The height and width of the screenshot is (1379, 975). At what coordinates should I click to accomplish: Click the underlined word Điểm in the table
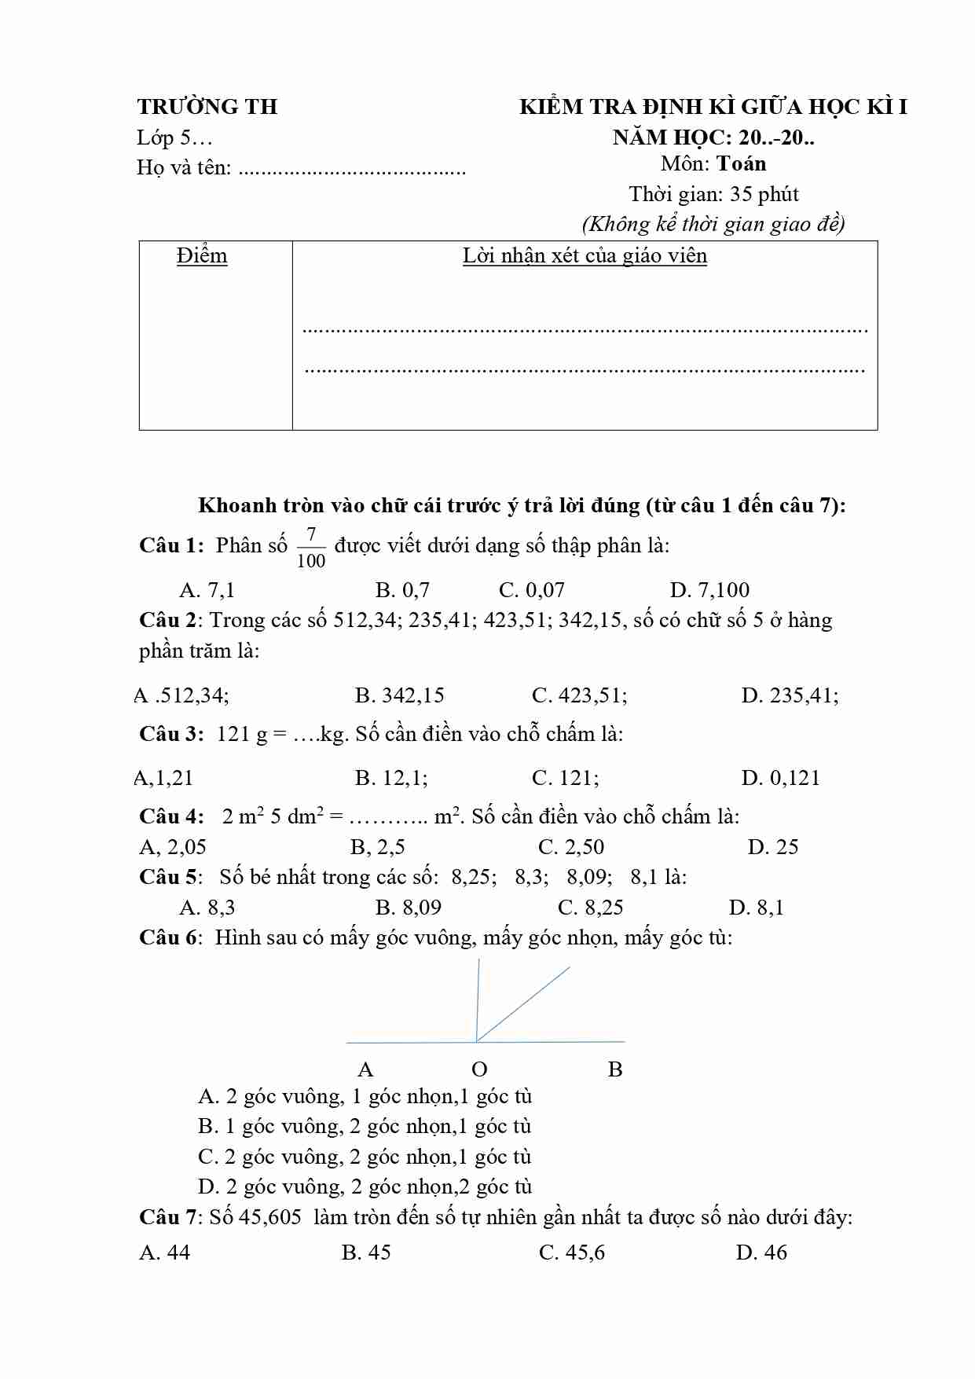coord(202,256)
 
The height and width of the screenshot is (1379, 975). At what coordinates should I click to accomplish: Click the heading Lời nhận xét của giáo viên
coord(585,256)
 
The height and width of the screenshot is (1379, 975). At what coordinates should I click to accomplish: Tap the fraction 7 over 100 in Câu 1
coord(311,548)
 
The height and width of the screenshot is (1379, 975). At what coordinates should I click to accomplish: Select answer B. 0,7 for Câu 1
coord(402,590)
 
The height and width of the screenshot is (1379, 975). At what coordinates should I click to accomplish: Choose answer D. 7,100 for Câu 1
coord(709,590)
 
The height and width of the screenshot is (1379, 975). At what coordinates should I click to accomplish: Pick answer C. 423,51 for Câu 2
coord(579,695)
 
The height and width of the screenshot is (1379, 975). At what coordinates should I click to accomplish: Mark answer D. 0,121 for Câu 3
coord(780,778)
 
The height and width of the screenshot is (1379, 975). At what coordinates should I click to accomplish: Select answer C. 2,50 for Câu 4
coord(571,847)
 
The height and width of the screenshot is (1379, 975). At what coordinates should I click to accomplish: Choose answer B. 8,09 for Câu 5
coord(409,908)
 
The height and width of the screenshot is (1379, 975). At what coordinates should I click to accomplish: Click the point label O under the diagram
coord(479,1069)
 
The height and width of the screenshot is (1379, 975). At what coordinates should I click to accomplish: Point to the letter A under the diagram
coord(365,1069)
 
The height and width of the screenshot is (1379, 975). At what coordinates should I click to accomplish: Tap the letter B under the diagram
coord(615,1069)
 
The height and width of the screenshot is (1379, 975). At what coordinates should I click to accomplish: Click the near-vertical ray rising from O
coord(478,998)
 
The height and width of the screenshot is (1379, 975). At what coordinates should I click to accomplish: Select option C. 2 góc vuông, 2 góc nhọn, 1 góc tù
coord(365,1157)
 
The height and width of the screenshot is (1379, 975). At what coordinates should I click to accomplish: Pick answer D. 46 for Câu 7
coord(761,1252)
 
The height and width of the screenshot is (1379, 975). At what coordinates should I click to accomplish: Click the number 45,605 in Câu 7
coord(269,1217)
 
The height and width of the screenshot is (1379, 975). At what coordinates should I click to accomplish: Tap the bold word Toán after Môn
coord(742,163)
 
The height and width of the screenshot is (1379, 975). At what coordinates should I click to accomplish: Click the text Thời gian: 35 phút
coord(713,194)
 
